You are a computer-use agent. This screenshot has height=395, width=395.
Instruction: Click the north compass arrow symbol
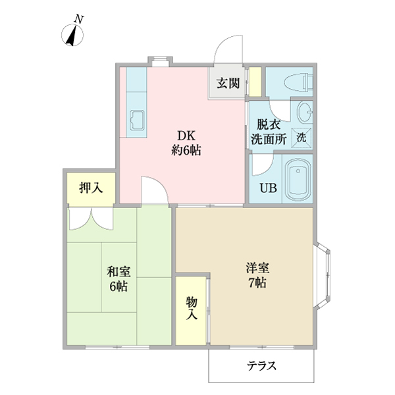tap(69, 36)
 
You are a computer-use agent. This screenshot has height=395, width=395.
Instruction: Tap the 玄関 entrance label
tap(227, 84)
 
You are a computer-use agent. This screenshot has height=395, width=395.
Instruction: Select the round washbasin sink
tap(303, 113)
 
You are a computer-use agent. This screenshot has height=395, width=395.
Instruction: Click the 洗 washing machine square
tap(301, 138)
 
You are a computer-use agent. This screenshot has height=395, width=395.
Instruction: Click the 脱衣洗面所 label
tap(268, 131)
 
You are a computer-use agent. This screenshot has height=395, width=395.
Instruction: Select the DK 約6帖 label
tap(186, 143)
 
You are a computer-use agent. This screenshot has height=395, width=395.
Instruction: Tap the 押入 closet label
tap(91, 188)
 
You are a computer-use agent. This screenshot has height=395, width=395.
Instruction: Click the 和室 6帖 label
tap(118, 278)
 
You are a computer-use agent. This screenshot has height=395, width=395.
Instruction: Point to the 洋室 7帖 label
tap(256, 276)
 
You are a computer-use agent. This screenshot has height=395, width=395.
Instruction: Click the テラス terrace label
tap(261, 367)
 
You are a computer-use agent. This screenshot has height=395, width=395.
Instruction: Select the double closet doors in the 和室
tap(92, 219)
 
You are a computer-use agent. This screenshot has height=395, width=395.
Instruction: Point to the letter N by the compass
tap(78, 20)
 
